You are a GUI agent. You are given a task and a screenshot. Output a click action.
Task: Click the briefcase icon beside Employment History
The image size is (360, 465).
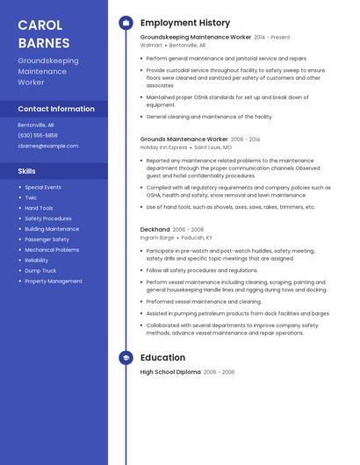pyautogui.click(x=126, y=23)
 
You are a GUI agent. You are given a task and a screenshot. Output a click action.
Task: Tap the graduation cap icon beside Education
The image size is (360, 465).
pyautogui.click(x=126, y=358)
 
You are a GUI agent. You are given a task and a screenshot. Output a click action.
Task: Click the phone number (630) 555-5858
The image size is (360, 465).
pyautogui.click(x=38, y=135)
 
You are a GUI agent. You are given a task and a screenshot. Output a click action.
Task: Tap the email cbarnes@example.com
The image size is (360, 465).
pyautogui.click(x=48, y=146)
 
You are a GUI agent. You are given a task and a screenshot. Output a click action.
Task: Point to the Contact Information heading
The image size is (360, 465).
pyautogui.click(x=56, y=109)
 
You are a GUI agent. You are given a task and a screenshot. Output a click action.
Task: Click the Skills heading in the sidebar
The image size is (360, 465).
pyautogui.click(x=27, y=171)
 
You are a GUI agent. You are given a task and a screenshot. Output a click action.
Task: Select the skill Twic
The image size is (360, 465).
pyautogui.click(x=31, y=197)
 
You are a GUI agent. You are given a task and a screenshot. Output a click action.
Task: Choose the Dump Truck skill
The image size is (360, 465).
pyautogui.click(x=40, y=271)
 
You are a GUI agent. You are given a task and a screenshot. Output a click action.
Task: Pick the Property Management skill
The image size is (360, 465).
pyautogui.click(x=54, y=282)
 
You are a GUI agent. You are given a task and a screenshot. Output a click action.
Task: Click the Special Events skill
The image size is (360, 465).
pyautogui.click(x=43, y=187)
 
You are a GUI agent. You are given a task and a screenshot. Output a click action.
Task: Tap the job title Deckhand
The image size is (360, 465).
pyautogui.click(x=155, y=229)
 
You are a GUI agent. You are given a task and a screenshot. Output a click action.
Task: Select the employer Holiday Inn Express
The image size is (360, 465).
pyautogui.click(x=164, y=147)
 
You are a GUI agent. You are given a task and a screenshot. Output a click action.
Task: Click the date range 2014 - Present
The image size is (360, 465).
pyautogui.click(x=272, y=38)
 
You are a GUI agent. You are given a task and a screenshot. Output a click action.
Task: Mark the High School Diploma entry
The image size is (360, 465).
pyautogui.click(x=170, y=372)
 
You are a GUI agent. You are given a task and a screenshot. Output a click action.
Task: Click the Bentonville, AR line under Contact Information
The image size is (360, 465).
pyautogui.click(x=36, y=125)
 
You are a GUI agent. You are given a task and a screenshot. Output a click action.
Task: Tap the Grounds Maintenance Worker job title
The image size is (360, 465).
pyautogui.click(x=184, y=139)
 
